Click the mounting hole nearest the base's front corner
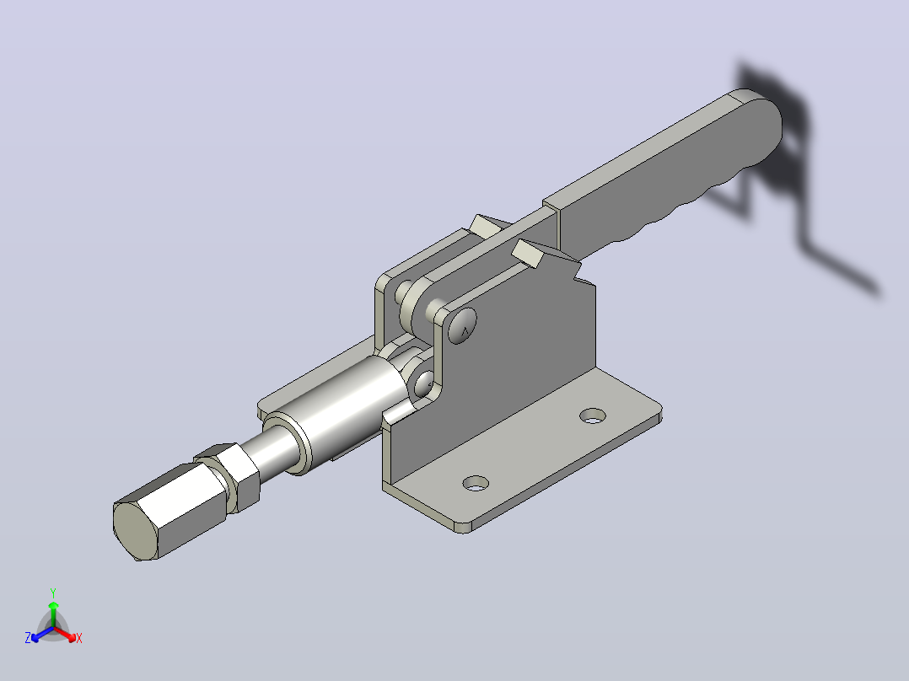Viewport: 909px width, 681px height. click(x=476, y=483)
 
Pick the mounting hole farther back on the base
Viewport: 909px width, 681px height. click(x=593, y=416)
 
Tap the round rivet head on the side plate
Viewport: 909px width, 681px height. click(x=463, y=325)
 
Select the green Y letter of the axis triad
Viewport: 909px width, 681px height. click(x=53, y=593)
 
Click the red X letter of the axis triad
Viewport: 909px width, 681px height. click(x=79, y=638)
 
